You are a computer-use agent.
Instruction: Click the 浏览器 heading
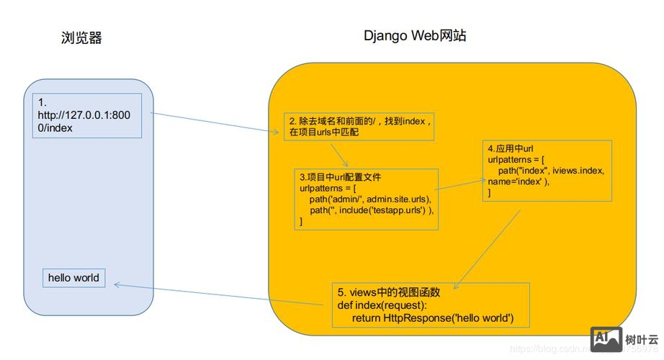coord(81,38)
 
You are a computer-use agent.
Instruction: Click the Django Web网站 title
coord(414,35)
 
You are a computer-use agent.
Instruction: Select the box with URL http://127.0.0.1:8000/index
coord(86,115)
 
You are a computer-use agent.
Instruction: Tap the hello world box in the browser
coord(73,278)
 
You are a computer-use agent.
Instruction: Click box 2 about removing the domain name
coord(358,126)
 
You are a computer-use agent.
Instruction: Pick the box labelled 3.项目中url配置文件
coord(367,199)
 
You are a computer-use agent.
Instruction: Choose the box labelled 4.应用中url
coord(547,170)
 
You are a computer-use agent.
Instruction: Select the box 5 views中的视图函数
coord(431,305)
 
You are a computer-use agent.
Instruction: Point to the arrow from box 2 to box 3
coord(339,155)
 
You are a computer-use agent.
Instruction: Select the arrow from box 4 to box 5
coord(490,241)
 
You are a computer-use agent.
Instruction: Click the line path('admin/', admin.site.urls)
coord(369,199)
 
